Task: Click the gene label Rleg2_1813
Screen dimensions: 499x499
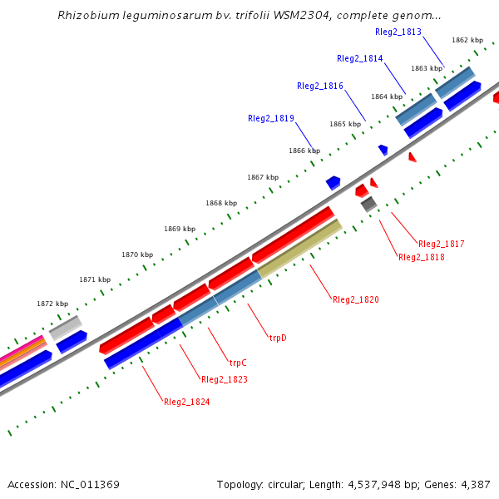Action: click(x=398, y=32)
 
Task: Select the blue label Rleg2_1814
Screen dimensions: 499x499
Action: click(x=360, y=59)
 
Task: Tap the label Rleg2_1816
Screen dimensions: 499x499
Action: click(x=320, y=86)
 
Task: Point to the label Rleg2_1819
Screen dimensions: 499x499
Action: click(x=271, y=119)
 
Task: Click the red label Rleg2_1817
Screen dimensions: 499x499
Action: click(x=442, y=245)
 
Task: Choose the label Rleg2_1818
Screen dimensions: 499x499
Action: click(x=422, y=258)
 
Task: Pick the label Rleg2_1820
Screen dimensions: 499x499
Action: click(x=356, y=299)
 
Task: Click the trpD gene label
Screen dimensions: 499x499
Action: click(x=277, y=338)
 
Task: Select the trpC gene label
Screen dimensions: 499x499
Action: click(x=238, y=363)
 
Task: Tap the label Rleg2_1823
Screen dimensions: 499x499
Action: click(x=225, y=379)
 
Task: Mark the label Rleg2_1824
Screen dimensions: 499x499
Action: click(x=187, y=403)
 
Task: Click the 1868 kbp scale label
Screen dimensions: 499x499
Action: click(x=221, y=204)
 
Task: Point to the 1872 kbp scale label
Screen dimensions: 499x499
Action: click(x=52, y=304)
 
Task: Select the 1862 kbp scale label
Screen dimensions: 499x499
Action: click(x=467, y=40)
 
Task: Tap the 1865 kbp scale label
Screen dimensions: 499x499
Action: click(x=344, y=124)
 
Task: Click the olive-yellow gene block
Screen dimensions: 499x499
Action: click(x=300, y=248)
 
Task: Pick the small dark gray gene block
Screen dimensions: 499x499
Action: click(x=368, y=203)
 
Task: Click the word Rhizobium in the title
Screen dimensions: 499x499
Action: click(x=85, y=16)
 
